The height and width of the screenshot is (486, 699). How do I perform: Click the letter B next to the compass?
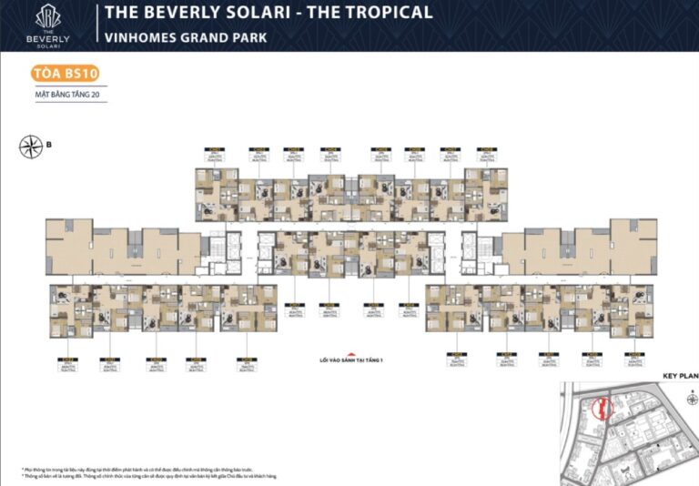pyautogui.click(x=49, y=144)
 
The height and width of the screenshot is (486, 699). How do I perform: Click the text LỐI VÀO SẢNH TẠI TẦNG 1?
pyautogui.click(x=347, y=359)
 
